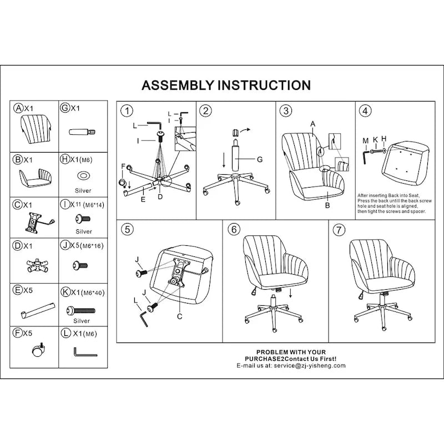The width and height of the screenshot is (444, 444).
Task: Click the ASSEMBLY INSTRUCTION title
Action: pos(226,85)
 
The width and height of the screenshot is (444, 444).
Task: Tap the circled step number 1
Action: pos(127,111)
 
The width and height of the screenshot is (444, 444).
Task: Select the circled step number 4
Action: pos(365,111)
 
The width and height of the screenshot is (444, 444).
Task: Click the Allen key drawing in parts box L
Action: pos(84,352)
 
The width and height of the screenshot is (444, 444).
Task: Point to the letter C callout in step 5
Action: pos(179,317)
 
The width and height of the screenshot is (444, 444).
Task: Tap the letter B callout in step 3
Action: pos(327,205)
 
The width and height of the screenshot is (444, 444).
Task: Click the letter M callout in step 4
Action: pos(365,140)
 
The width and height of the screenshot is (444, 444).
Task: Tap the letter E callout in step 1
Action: pos(143,198)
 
